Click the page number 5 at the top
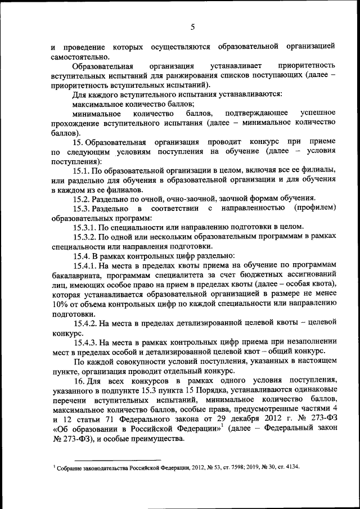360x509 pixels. pyautogui.click(x=192, y=26)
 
